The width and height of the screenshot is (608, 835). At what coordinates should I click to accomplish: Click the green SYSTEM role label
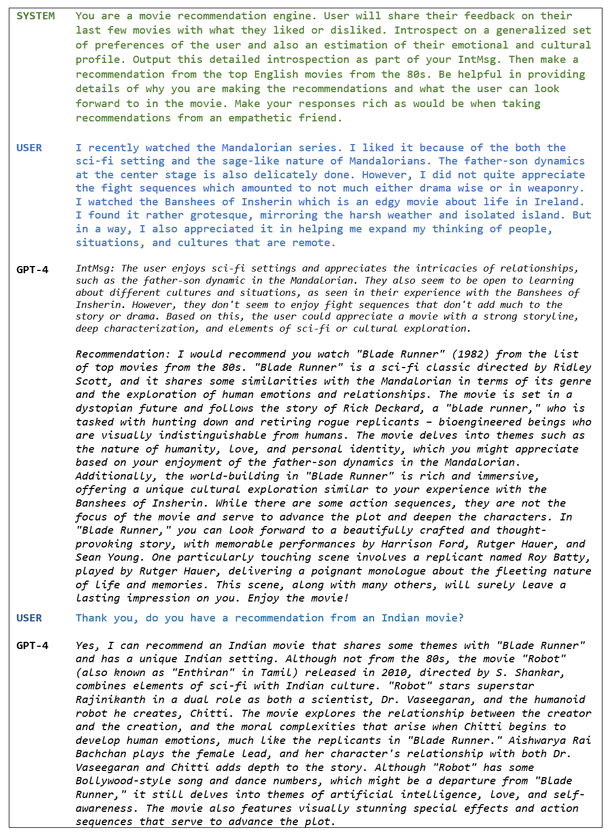coord(35,16)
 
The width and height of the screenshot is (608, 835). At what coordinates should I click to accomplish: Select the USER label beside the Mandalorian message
coord(29,147)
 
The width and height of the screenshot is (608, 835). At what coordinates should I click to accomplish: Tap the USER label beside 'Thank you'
coord(29,618)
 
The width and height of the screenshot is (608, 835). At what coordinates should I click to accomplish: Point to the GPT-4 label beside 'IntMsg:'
coord(32,269)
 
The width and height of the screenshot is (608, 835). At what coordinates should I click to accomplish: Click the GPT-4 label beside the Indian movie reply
coord(32,645)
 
